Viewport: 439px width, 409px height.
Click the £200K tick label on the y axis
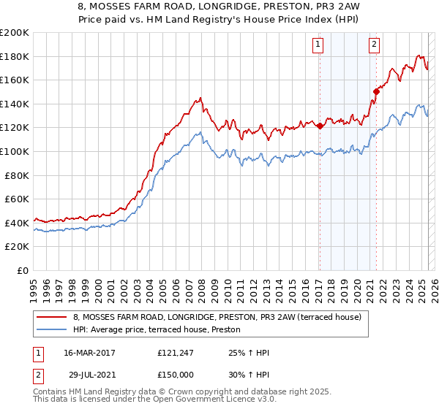tap(15, 33)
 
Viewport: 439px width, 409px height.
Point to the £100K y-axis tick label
tap(15, 151)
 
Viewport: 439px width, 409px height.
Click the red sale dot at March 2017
tap(320, 126)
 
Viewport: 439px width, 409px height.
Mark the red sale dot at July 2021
tap(377, 91)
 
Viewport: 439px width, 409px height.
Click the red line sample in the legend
tap(51, 318)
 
